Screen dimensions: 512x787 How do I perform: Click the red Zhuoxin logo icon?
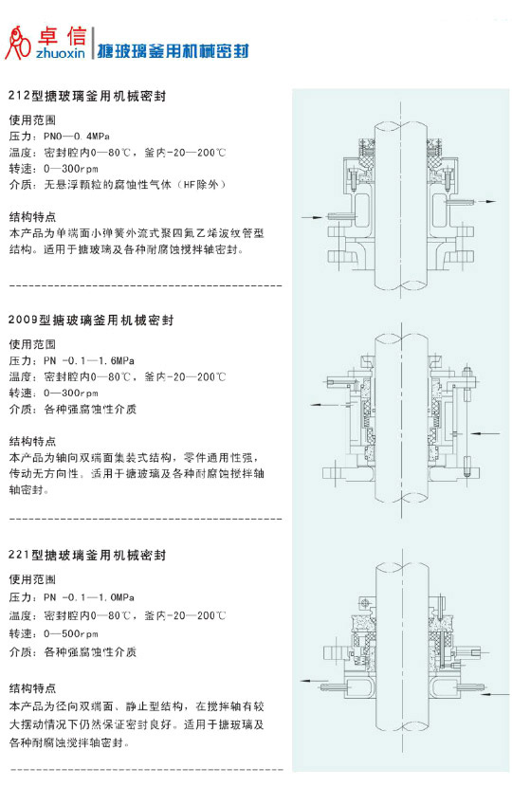18,44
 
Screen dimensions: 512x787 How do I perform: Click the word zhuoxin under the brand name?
61,53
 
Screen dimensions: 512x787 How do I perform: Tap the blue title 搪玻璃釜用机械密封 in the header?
174,50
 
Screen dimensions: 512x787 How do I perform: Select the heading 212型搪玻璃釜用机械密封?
87,96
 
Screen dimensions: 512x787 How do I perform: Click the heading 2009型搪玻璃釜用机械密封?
91,320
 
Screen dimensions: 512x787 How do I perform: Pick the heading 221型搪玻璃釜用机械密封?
87,555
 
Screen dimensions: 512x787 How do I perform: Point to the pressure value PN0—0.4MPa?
76,136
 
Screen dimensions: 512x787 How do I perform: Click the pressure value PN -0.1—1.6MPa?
89,360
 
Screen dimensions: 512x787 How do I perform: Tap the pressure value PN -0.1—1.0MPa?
89,597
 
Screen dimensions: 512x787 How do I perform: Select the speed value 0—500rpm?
71,633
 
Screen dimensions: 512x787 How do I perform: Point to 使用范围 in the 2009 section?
32,344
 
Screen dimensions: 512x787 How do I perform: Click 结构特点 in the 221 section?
32,688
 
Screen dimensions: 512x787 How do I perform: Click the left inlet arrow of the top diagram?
312,217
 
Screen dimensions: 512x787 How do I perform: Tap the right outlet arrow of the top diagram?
486,201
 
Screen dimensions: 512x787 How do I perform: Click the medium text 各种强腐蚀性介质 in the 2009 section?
90,409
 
